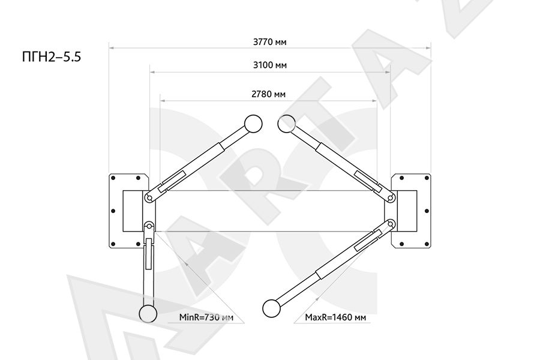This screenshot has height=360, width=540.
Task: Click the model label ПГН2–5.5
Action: click(52, 57)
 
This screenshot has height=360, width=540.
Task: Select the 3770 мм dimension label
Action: click(269, 42)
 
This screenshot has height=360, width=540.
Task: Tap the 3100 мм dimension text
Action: click(269, 65)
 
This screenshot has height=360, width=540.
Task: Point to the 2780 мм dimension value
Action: click(268, 94)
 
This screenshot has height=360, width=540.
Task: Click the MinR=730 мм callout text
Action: click(206, 317)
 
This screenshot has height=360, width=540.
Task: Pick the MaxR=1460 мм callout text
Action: click(335, 317)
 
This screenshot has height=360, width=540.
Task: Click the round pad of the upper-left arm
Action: click(253, 124)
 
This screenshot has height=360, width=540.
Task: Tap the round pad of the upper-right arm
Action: click(287, 124)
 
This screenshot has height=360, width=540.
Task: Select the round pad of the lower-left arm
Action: click(148, 314)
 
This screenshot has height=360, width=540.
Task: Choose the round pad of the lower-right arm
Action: click(271, 308)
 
